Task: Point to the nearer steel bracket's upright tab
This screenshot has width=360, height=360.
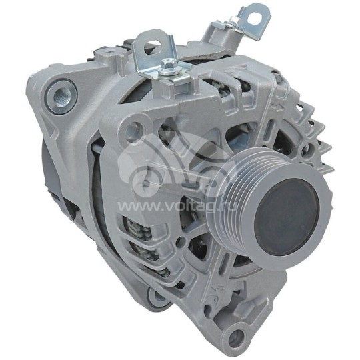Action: [150, 53]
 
